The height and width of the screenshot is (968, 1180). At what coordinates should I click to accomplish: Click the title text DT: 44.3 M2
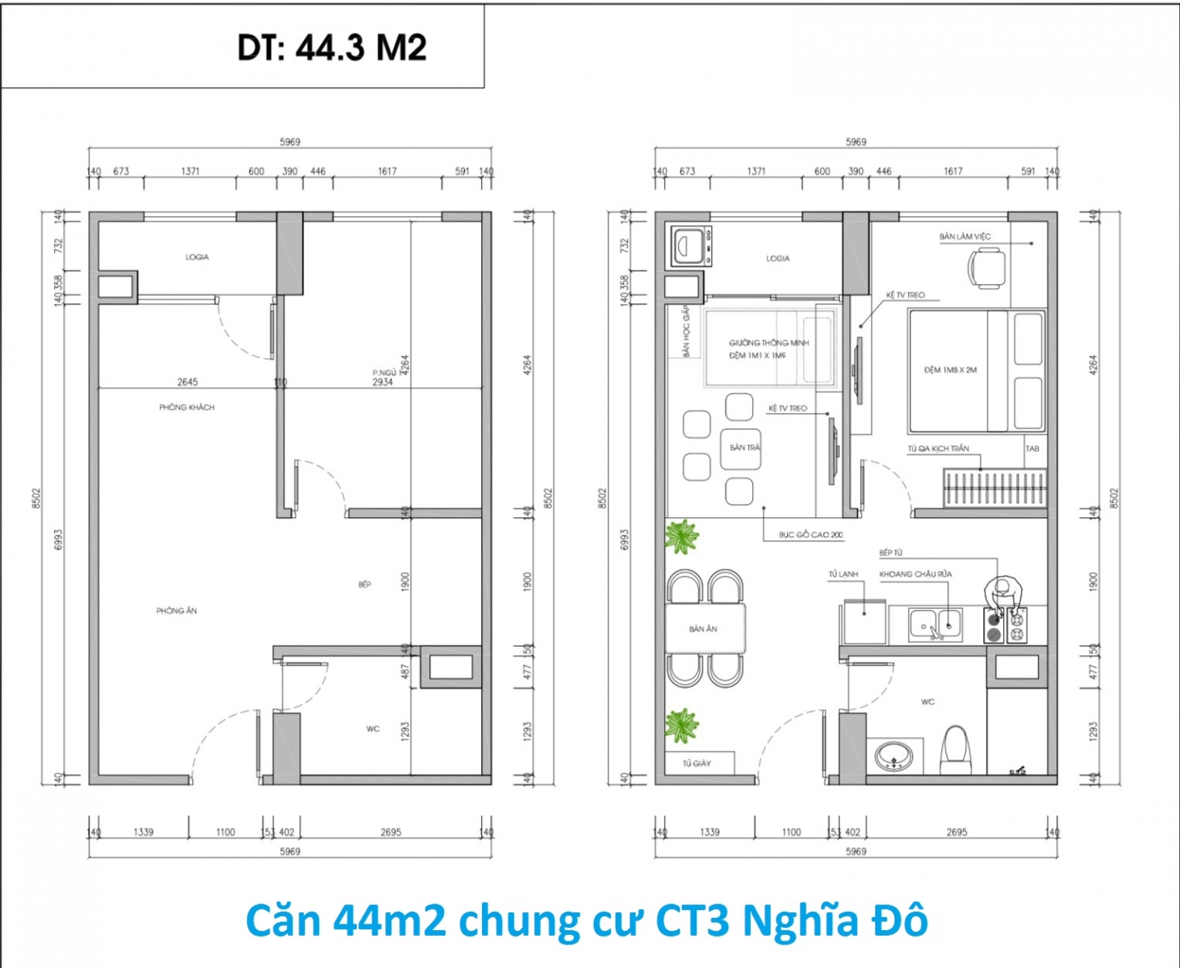pos(332,48)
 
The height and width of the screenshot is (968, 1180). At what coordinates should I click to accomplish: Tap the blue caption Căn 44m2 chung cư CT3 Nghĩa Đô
pos(587,920)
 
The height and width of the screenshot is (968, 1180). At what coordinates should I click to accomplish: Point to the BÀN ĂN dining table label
pos(703,628)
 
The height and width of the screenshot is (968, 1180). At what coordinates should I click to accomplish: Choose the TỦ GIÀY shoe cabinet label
pos(697,763)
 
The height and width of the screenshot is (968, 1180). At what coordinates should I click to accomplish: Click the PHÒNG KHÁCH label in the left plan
pos(186,407)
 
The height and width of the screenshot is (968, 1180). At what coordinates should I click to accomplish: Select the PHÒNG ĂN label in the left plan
pos(177,611)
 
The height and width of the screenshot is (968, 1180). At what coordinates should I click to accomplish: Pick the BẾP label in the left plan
pos(365,584)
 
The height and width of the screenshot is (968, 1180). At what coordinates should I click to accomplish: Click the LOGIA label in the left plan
pos(197,257)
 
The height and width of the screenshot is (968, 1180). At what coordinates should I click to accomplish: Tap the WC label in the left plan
pos(373,728)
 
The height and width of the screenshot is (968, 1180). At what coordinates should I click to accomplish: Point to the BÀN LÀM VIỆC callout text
pos(965,236)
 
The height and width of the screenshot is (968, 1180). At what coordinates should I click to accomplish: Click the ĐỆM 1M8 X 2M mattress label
pos(950,370)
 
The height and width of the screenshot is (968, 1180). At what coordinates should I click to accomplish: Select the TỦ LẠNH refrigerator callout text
pos(843,574)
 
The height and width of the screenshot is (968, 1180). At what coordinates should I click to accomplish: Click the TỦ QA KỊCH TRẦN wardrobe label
pos(938,449)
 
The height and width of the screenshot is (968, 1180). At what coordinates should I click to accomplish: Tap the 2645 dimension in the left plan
pos(187,382)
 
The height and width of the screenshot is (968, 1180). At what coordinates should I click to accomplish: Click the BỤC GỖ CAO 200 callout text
pos(810,535)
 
